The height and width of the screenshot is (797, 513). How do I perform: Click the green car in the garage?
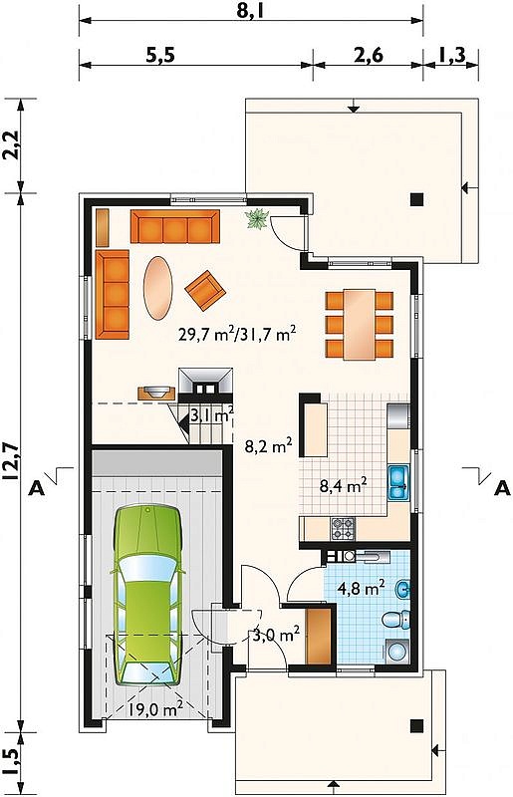(x=147, y=595)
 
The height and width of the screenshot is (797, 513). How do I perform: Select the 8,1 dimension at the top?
(x=251, y=11)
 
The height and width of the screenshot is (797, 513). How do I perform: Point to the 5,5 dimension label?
(x=160, y=55)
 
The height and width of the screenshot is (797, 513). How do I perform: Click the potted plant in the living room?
(x=257, y=219)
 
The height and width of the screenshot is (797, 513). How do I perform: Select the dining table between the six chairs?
(x=359, y=325)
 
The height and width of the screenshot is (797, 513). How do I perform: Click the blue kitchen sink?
(x=398, y=482)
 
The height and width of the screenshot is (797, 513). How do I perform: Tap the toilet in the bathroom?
(x=396, y=619)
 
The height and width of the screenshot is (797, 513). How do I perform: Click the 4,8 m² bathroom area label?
(x=361, y=588)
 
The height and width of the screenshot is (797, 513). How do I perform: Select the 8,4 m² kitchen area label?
(x=344, y=486)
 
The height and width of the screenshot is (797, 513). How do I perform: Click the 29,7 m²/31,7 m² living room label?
(x=237, y=334)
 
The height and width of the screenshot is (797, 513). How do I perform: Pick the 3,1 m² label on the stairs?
(x=212, y=415)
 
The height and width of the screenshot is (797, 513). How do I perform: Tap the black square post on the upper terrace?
(x=417, y=199)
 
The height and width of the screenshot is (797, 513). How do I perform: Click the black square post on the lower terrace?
(x=417, y=725)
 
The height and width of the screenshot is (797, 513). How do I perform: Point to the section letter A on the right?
(x=502, y=487)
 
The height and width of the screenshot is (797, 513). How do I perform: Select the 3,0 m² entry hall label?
(x=276, y=635)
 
